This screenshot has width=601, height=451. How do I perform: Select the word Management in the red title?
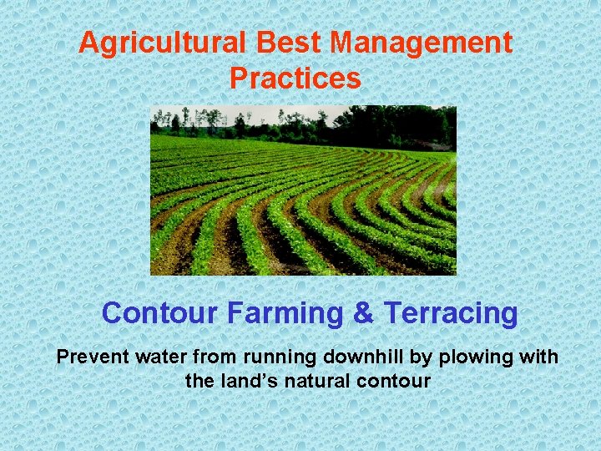pos(417,43)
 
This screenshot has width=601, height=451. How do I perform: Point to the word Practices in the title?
pos(295,79)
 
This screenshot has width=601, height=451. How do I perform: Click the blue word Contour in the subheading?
pos(159,314)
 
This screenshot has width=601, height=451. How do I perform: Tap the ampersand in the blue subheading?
pos(363,314)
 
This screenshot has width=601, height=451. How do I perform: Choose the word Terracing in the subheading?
pos(451,314)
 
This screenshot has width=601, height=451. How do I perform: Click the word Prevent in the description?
pos(93,357)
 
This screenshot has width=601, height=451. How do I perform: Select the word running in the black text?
pos(275,357)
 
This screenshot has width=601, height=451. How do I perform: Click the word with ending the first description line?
pos(539,357)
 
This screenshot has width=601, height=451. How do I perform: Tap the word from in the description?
pos(215,357)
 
